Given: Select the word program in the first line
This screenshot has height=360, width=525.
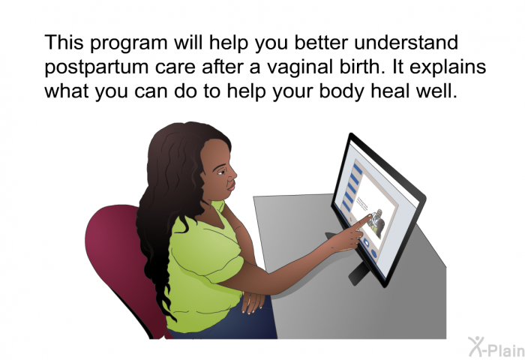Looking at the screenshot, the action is point(129,43).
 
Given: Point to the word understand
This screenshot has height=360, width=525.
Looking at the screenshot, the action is point(406,43).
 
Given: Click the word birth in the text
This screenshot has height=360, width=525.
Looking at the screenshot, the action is point(358,66).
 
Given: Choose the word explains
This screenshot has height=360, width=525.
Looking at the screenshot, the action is point(448,67).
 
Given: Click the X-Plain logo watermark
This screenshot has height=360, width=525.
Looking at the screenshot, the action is point(496,347).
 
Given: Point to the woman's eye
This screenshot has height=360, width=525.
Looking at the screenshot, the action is point(221,172).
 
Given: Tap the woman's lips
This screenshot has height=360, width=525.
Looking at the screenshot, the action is point(231,186).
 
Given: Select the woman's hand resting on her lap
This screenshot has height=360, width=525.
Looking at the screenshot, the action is point(252,301).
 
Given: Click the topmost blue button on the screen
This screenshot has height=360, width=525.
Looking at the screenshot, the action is point(357,169).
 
